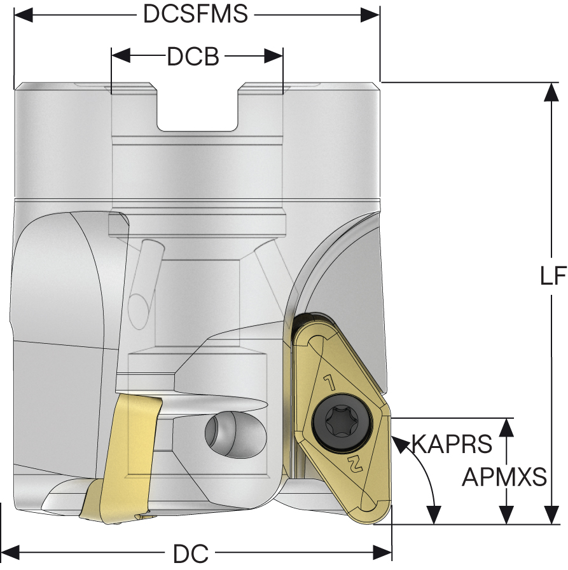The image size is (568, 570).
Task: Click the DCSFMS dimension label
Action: click(x=195, y=14)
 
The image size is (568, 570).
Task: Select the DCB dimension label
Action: click(x=193, y=57)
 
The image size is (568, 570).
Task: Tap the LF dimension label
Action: click(x=552, y=276)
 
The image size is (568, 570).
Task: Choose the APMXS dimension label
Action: click(x=504, y=477)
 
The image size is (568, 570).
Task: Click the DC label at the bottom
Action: click(x=191, y=554)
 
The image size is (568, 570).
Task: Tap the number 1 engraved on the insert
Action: click(x=330, y=383)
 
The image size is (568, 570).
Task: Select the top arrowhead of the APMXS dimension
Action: click(x=506, y=427)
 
